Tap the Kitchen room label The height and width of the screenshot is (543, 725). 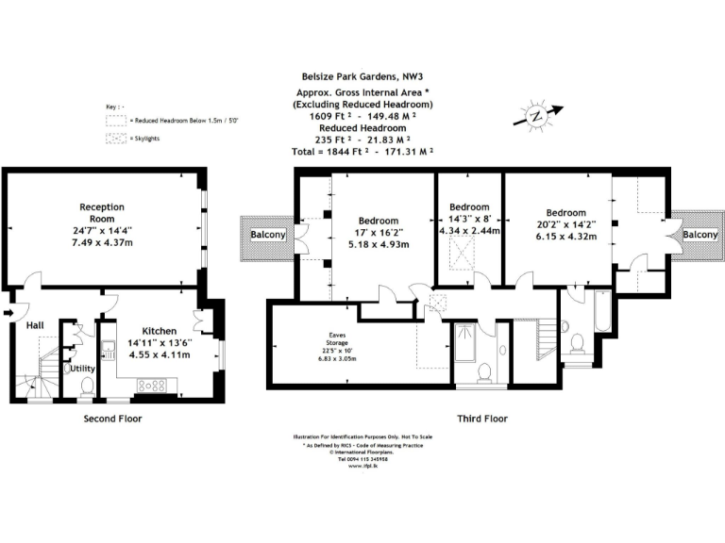point(160,331)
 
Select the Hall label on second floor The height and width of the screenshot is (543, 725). point(35,325)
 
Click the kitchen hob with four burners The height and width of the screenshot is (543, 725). point(152,385)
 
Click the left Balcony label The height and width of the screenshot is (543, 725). point(268,235)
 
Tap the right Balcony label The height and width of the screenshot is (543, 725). point(700,235)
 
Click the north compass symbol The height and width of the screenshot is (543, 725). point(536,116)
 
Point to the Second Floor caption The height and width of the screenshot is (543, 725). point(111,418)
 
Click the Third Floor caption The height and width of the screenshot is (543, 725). point(481,418)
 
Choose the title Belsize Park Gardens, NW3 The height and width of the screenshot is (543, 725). point(362,81)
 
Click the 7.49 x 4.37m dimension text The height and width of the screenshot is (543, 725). point(102,243)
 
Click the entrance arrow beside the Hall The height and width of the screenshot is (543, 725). point(9,314)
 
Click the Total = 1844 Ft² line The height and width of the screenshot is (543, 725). point(362,150)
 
